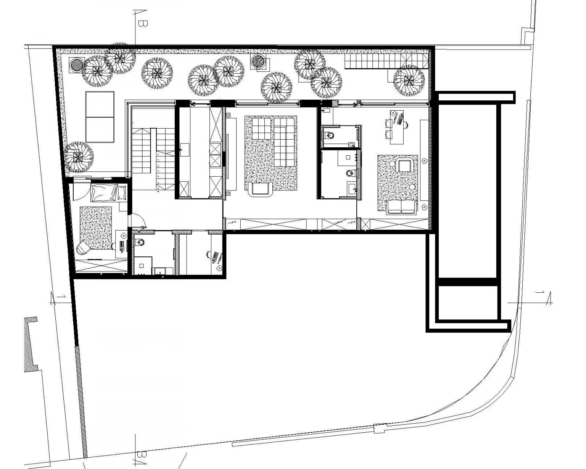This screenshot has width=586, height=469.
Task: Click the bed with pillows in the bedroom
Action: (108, 192)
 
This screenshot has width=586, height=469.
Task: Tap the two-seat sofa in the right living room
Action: (401, 207)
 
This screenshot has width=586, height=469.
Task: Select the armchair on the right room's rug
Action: (404, 166)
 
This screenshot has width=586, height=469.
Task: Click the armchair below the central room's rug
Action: (261, 189)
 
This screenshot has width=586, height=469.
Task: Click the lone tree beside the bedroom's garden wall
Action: (79, 156)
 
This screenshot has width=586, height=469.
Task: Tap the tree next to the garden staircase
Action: (409, 80)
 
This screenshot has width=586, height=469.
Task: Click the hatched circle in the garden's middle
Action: (259, 61)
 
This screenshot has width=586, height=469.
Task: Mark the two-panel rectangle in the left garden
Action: (100, 117)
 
